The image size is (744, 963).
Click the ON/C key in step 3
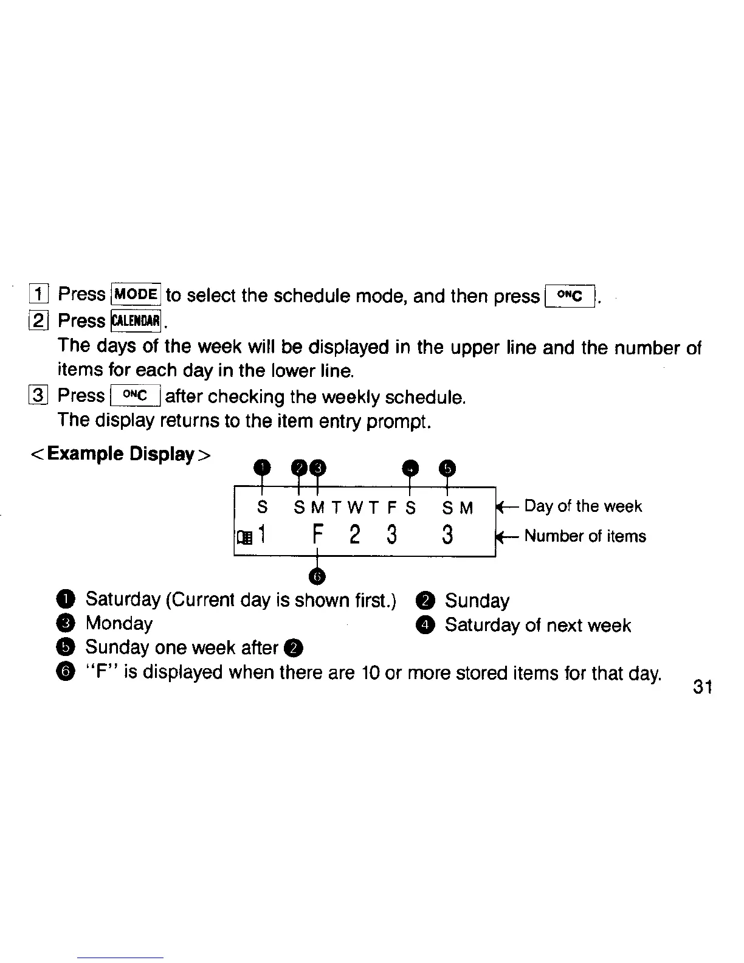click(136, 396)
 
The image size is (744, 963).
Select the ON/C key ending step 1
click(570, 296)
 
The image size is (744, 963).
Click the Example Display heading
click(121, 454)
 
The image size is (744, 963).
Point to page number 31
click(702, 688)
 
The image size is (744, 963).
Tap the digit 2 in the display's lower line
click(355, 536)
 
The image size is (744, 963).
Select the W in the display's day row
click(355, 508)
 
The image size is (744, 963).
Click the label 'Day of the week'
click(582, 506)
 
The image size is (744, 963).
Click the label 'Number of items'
click(585, 536)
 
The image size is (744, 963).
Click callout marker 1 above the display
click(262, 468)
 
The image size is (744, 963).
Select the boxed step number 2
click(38, 320)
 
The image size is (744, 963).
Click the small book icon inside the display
click(244, 537)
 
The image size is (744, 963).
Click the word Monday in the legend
click(119, 623)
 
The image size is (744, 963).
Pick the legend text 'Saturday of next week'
click(538, 625)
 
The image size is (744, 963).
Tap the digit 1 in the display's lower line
click(262, 535)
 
